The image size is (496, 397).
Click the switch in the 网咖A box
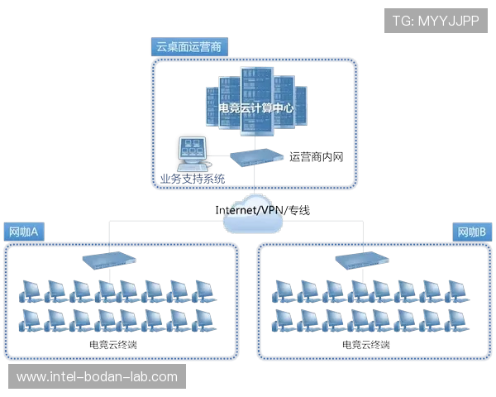(x=109, y=261)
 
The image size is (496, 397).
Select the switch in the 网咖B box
(x=361, y=261)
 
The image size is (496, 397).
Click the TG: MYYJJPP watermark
(x=436, y=20)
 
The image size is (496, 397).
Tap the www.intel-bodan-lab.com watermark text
(x=98, y=377)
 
